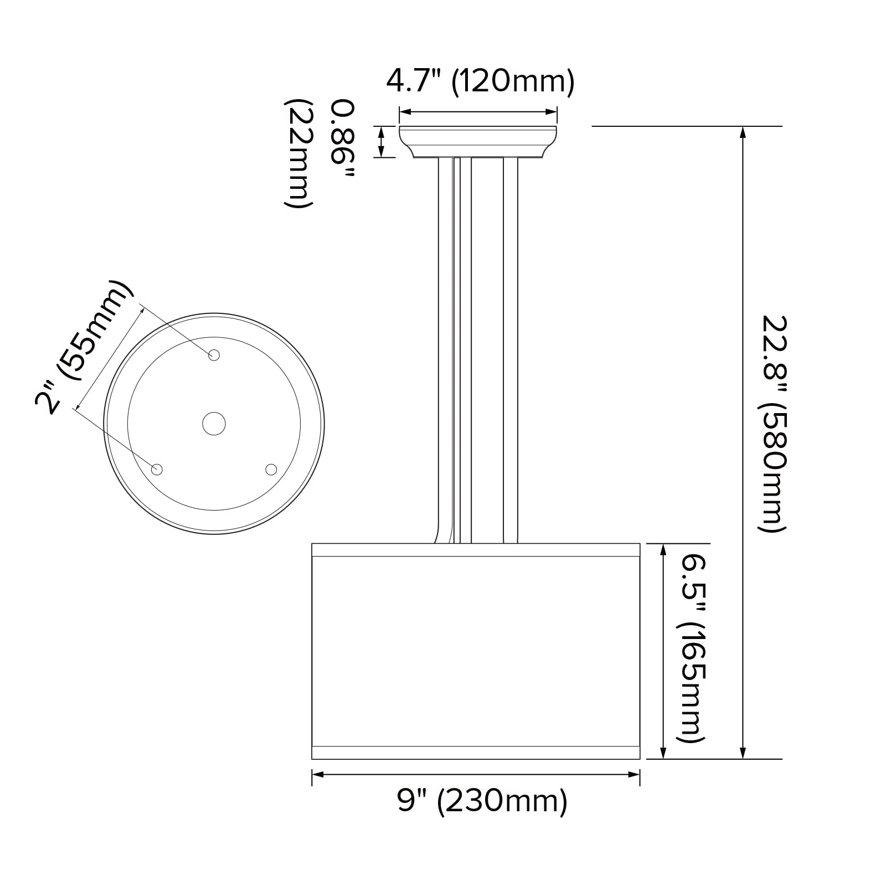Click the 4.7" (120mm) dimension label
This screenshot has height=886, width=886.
click(480, 82)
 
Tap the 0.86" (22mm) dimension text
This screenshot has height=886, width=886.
click(320, 154)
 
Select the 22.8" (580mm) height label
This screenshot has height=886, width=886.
click(771, 424)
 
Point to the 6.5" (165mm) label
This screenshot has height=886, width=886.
click(691, 650)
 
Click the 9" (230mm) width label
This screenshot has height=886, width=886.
click(482, 801)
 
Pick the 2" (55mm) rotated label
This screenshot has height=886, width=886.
click(83, 349)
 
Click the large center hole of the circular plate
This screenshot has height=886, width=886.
click(214, 424)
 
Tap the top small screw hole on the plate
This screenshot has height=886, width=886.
click(214, 356)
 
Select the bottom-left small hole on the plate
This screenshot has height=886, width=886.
click(157, 470)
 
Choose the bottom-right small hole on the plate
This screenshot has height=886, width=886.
click(271, 470)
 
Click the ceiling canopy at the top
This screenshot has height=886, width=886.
click(478, 142)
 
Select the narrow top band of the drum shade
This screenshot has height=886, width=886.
click(476, 550)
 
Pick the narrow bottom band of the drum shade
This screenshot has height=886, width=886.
click(476, 753)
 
